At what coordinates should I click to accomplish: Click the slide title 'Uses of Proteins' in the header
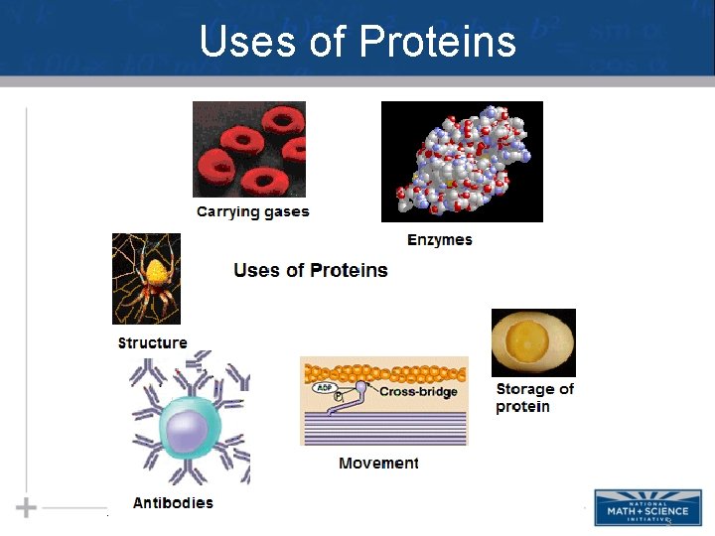(357, 42)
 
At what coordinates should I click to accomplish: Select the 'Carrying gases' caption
(252, 211)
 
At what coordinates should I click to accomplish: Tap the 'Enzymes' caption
(439, 240)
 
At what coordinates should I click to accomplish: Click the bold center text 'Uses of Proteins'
(311, 270)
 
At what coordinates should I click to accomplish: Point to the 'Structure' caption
(152, 343)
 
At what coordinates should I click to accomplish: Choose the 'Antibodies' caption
(173, 503)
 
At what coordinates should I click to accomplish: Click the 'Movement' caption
(378, 464)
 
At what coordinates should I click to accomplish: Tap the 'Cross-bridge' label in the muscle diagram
(418, 392)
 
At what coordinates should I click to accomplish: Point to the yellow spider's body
(153, 271)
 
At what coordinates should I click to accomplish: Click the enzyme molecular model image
(462, 161)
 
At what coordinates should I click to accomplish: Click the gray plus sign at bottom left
(26, 508)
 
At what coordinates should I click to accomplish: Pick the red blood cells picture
(249, 150)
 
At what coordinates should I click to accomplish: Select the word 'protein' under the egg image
(522, 407)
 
